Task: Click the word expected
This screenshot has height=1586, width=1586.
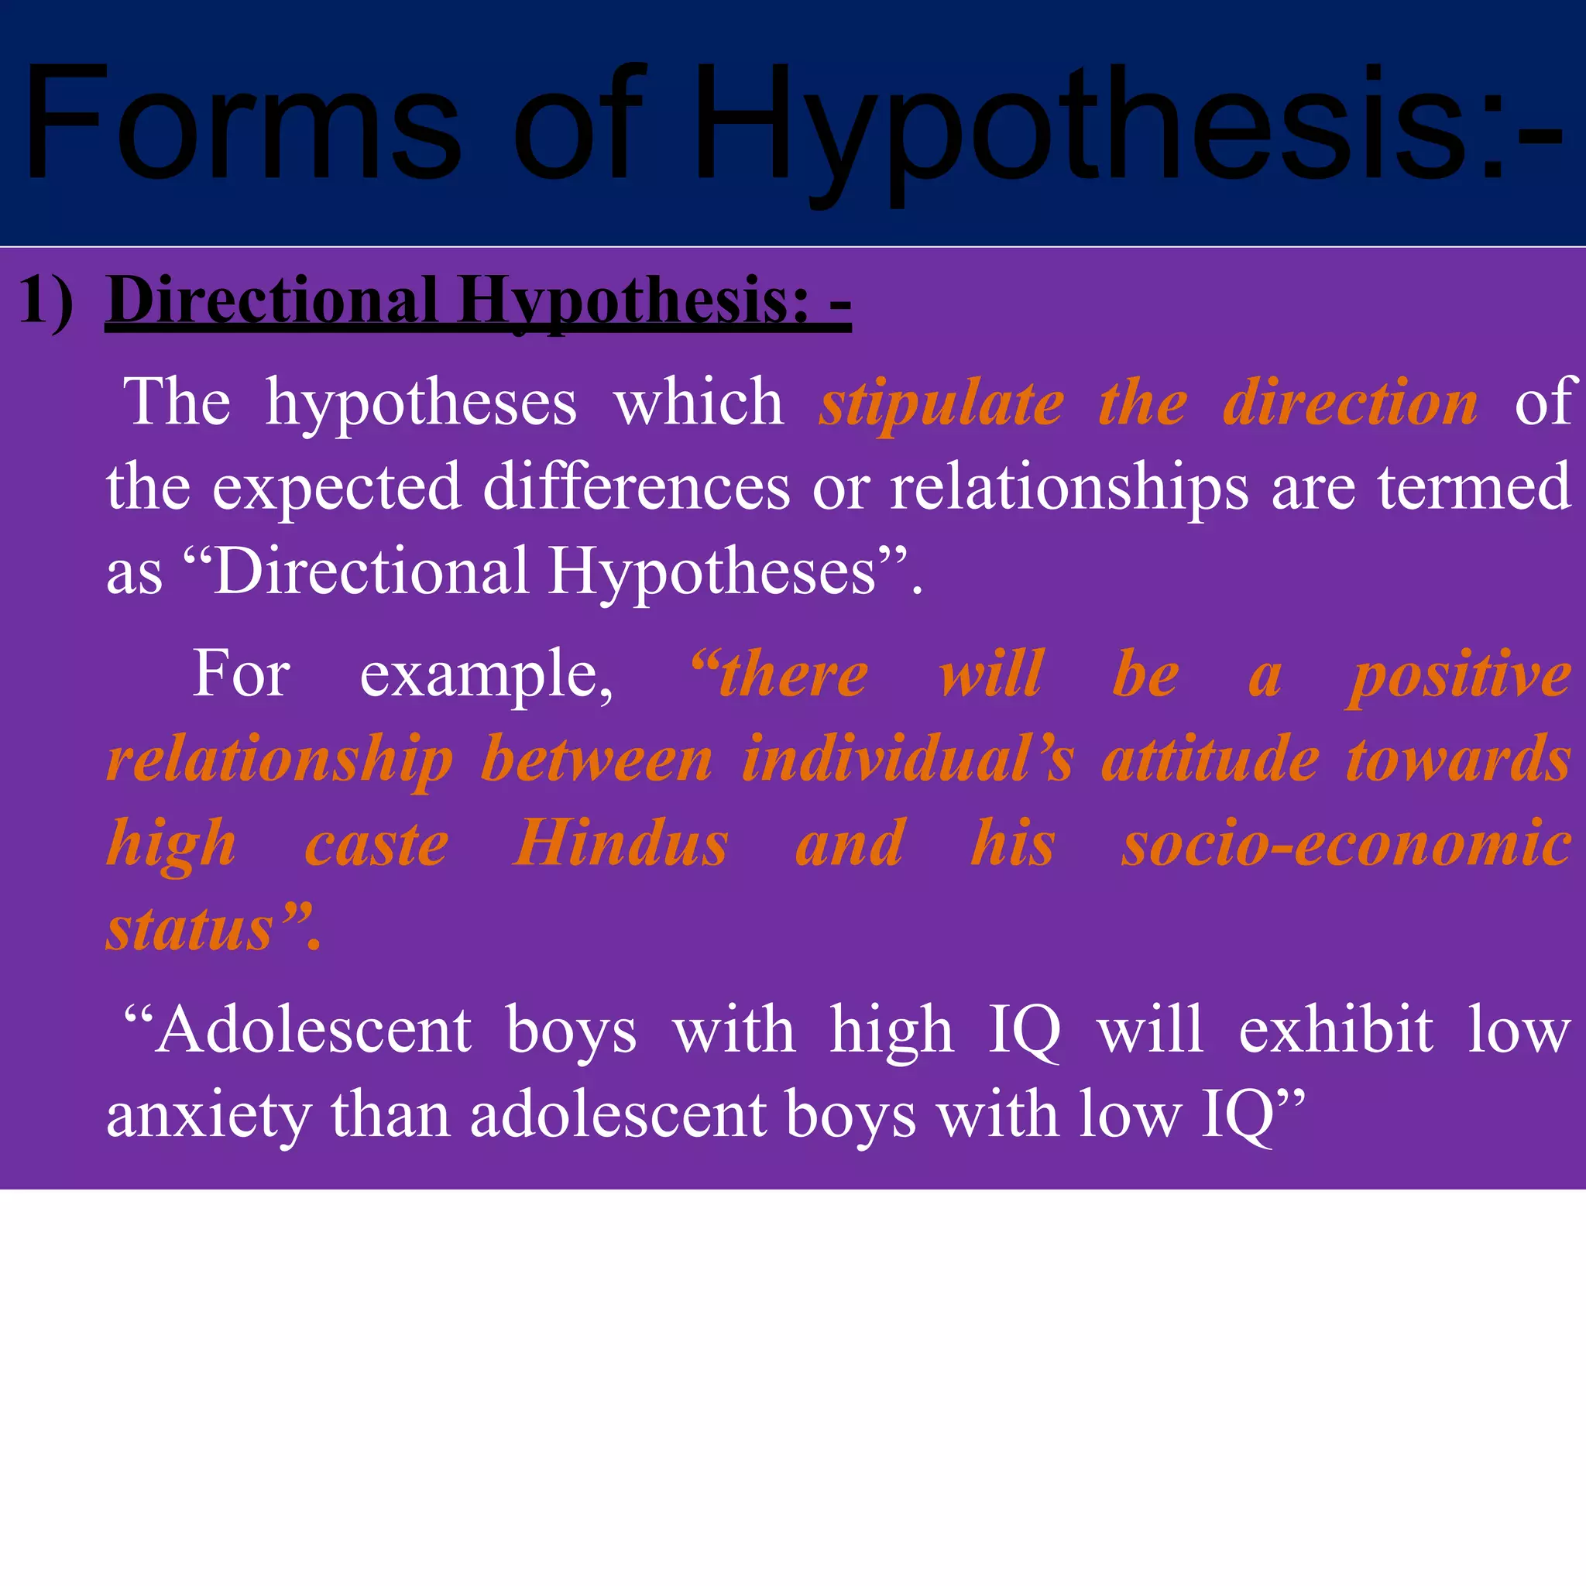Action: (x=337, y=488)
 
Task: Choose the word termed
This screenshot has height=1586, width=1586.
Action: (x=1474, y=488)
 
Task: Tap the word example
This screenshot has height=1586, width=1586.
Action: (x=486, y=675)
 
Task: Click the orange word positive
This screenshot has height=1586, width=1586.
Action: (x=1459, y=675)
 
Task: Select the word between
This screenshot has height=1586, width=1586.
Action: (x=597, y=760)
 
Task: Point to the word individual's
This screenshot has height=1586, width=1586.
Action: (x=907, y=760)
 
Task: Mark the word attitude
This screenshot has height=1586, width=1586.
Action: (x=1210, y=760)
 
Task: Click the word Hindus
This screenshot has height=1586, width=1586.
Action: (x=620, y=844)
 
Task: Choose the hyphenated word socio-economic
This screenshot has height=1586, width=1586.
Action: (x=1346, y=844)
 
